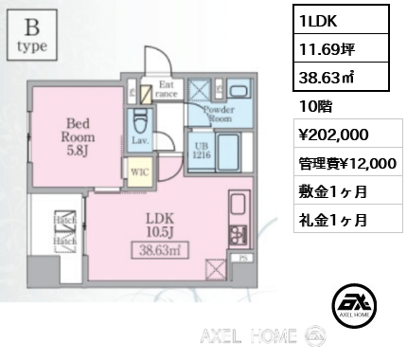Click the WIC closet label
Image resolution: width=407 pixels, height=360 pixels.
[x=138, y=174]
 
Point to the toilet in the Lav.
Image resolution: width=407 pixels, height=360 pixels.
[x=141, y=122]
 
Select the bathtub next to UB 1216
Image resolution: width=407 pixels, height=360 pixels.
[x=229, y=152]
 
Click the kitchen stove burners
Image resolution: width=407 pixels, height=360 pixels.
[x=238, y=232]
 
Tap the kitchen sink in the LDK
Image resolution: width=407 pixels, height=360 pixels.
[x=238, y=204]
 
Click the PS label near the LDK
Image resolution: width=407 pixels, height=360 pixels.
[x=244, y=256]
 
